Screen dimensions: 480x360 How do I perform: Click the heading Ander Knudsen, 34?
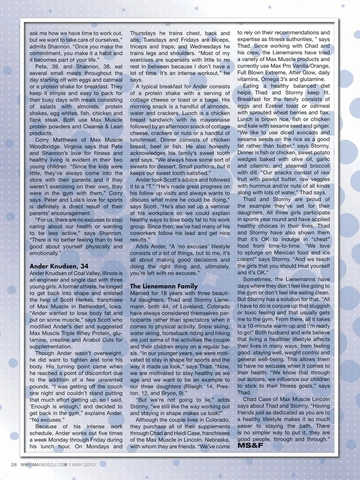coord(59,266)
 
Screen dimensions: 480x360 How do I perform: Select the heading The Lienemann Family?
coord(164,286)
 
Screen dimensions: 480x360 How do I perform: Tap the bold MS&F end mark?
coord(250,445)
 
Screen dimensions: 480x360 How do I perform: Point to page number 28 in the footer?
coord(14,465)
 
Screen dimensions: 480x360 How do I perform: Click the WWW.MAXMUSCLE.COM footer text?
coord(44,465)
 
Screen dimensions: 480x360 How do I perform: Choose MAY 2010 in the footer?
coord(84,465)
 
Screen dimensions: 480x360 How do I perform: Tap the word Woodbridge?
coord(44,146)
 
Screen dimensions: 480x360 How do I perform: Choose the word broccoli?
coord(320,166)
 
